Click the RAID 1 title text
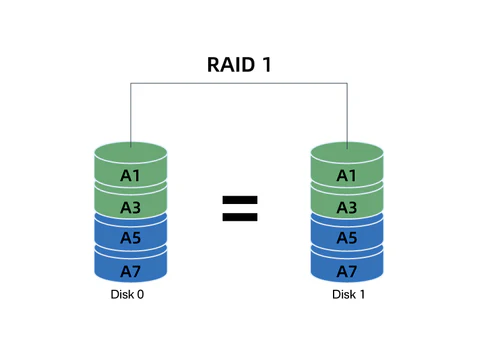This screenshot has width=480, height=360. pyautogui.click(x=239, y=65)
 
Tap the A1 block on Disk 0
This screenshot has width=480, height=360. pyautogui.click(x=131, y=176)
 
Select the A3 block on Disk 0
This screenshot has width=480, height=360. pyautogui.click(x=131, y=207)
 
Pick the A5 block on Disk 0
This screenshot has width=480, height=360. pyautogui.click(x=131, y=238)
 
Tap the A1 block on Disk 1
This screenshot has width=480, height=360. pyautogui.click(x=347, y=176)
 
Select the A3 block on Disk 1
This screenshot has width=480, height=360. pyautogui.click(x=347, y=207)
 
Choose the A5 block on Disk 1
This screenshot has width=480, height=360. pyautogui.click(x=347, y=238)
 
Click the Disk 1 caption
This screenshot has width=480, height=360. pyautogui.click(x=347, y=296)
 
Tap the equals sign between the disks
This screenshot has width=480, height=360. pyautogui.click(x=239, y=207)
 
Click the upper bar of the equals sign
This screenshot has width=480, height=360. pyautogui.click(x=239, y=199)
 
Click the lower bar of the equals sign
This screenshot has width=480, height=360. pyautogui.click(x=239, y=215)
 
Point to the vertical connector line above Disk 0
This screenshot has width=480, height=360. pyautogui.click(x=131, y=115)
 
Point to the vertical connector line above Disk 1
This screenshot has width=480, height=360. pyautogui.click(x=347, y=115)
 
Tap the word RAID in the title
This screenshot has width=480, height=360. pyautogui.click(x=229, y=65)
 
